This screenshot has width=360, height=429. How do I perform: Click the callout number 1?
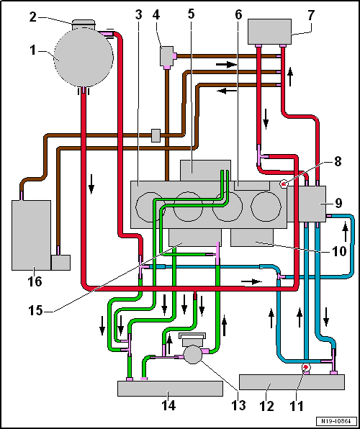click(x=33, y=50)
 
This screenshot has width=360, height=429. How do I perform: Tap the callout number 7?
click(x=310, y=15)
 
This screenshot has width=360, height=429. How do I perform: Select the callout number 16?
click(x=35, y=281)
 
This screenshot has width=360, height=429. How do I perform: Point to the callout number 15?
click(x=35, y=310)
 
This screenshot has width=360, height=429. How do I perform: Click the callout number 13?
click(x=239, y=405)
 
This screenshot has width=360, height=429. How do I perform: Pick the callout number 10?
click(x=339, y=251)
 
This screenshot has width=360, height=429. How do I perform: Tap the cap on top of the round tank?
click(x=84, y=24)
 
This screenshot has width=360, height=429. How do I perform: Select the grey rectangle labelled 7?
click(x=269, y=32)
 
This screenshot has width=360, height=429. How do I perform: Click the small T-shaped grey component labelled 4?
click(x=167, y=56)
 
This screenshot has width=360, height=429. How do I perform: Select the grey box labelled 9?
click(x=307, y=204)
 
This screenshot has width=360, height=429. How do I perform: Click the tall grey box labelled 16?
click(x=31, y=235)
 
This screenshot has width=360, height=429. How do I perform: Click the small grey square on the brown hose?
click(x=156, y=136)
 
